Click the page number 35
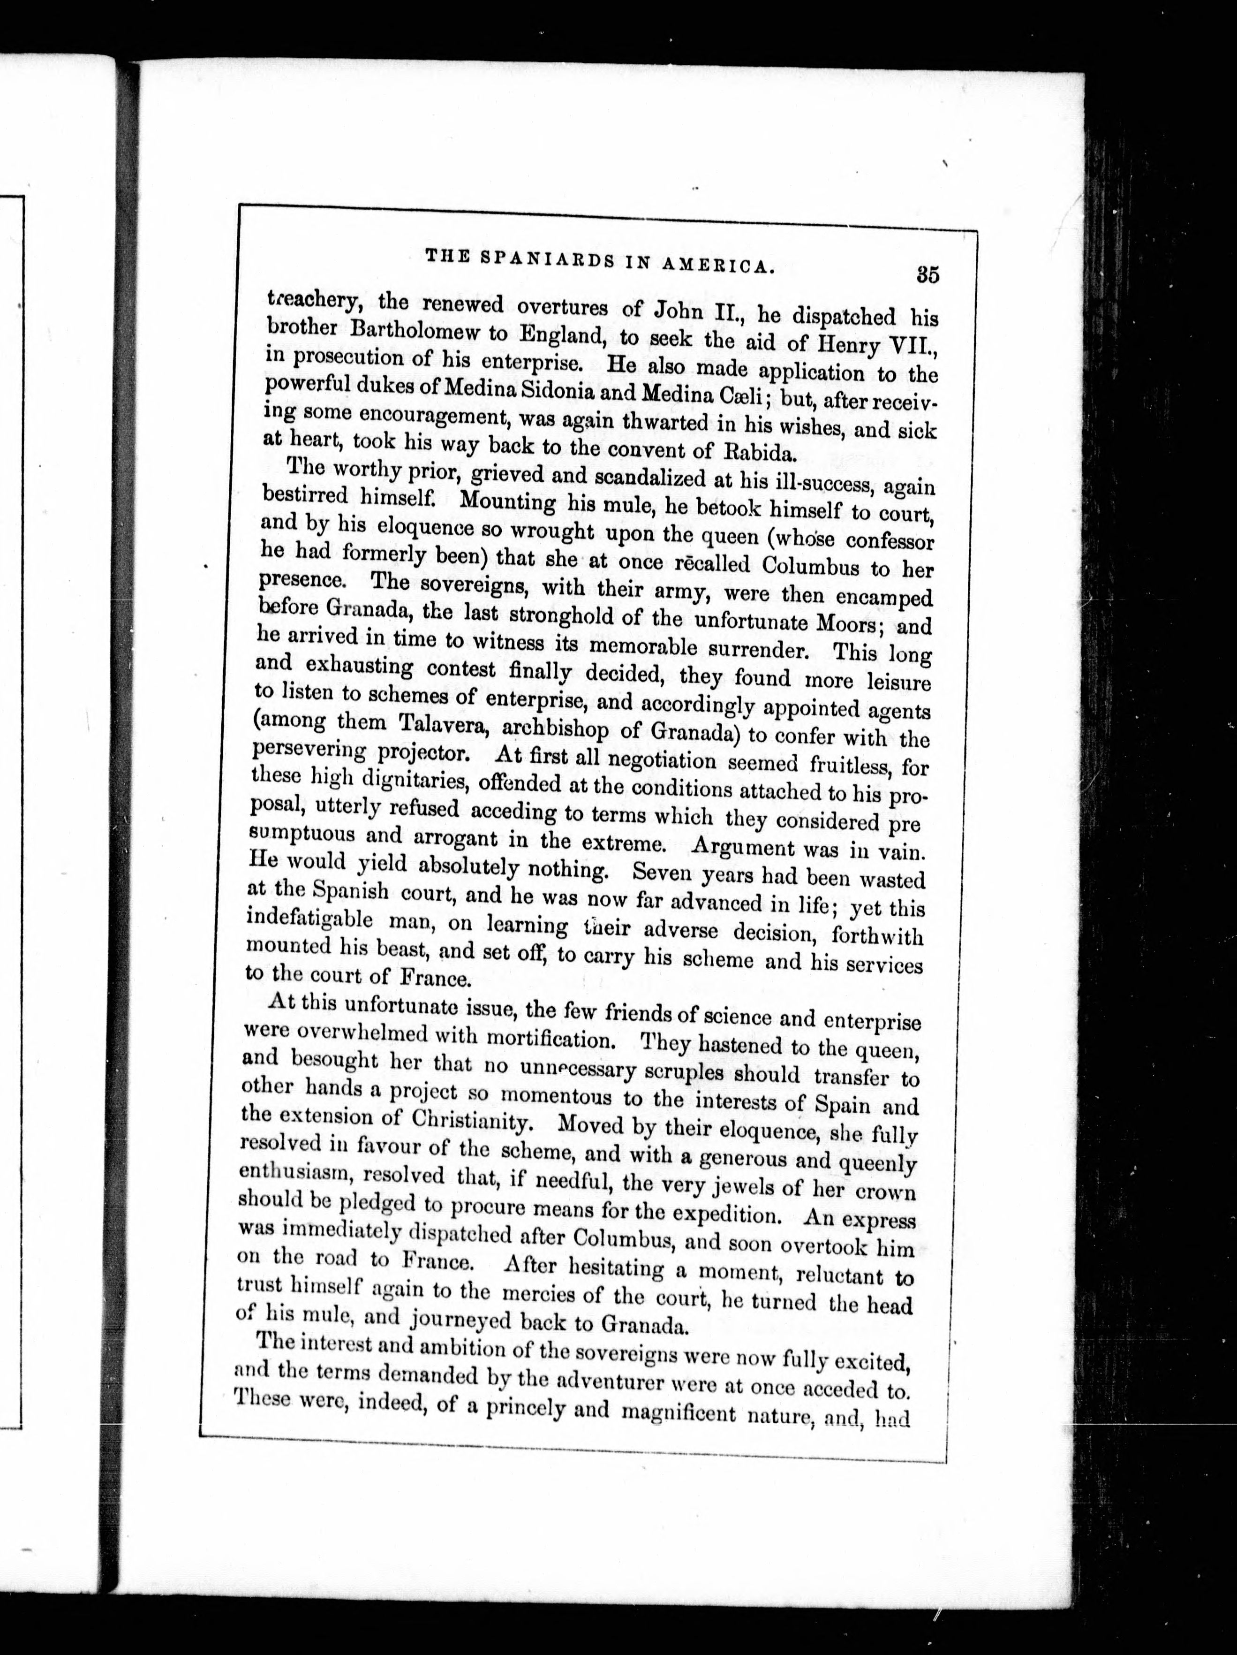[x=928, y=274]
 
